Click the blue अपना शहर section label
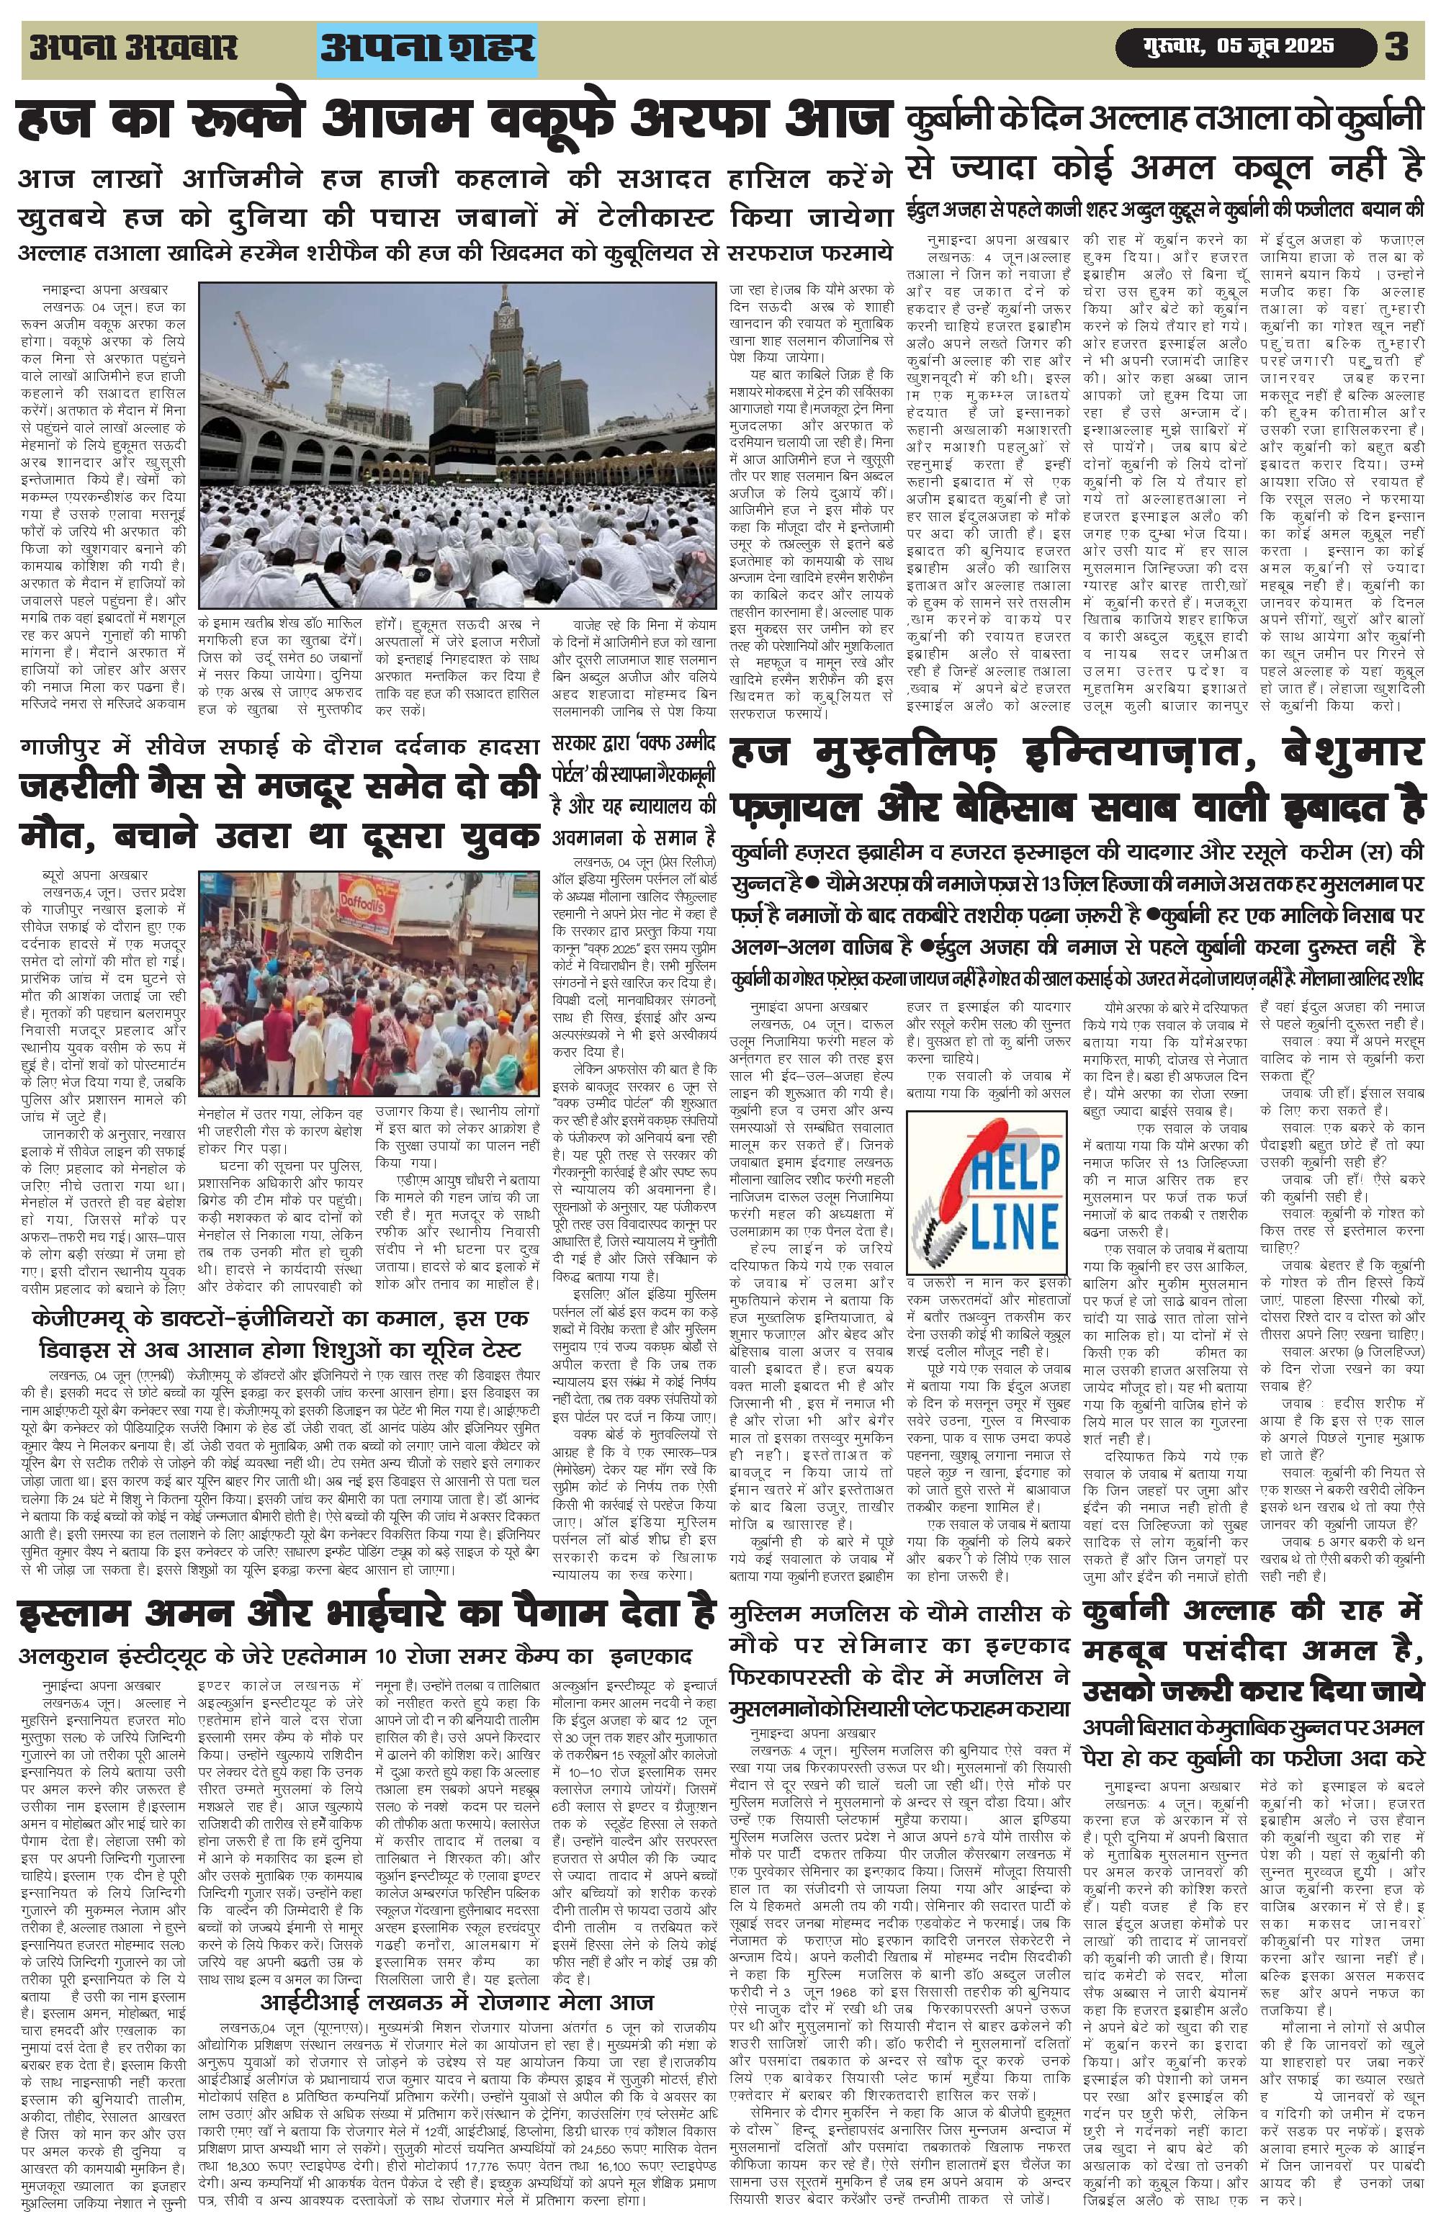click(428, 48)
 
